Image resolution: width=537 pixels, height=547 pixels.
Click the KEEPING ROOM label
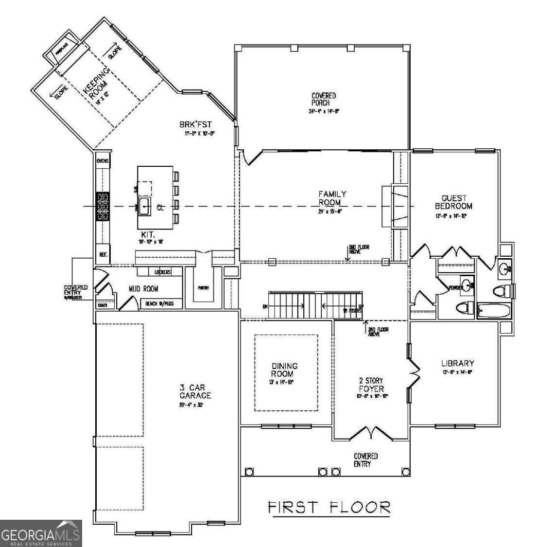pos(97,84)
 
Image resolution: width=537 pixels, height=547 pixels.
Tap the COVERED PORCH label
pos(324,100)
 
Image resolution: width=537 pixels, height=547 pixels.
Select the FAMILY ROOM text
pos(332,198)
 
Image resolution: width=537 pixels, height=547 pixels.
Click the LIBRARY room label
pos(457,363)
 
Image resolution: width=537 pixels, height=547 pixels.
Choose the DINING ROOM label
pos(285,370)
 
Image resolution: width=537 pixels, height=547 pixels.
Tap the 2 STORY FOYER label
pos(371,385)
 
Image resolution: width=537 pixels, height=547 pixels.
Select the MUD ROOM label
pos(143,289)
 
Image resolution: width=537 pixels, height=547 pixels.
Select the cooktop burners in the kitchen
pos(103,206)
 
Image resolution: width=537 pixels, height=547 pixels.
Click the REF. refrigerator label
pos(103,254)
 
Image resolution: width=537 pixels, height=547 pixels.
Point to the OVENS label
pos(103,161)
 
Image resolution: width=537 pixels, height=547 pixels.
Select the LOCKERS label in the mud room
pos(163,272)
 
